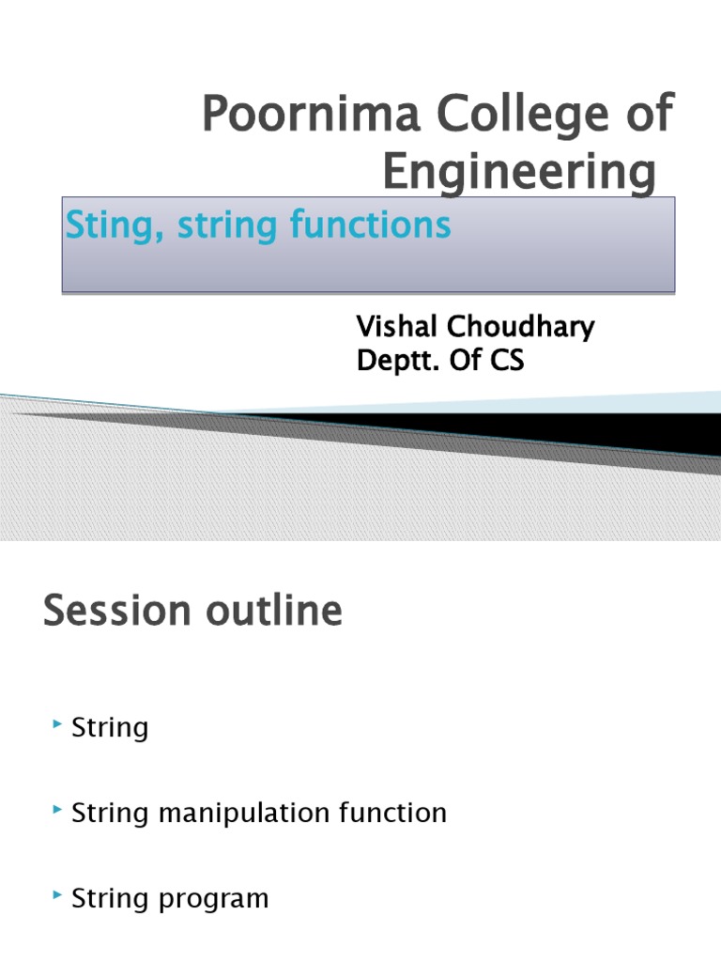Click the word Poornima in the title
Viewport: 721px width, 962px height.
click(x=285, y=116)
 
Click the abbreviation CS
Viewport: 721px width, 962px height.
click(x=504, y=361)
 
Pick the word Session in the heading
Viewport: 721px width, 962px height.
click(x=111, y=613)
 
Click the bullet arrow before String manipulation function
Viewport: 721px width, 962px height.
click(x=58, y=810)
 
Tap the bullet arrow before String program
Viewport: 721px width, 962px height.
click(x=58, y=896)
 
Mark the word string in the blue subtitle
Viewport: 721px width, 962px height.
click(x=211, y=226)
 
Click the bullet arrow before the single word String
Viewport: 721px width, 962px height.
click(x=58, y=724)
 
